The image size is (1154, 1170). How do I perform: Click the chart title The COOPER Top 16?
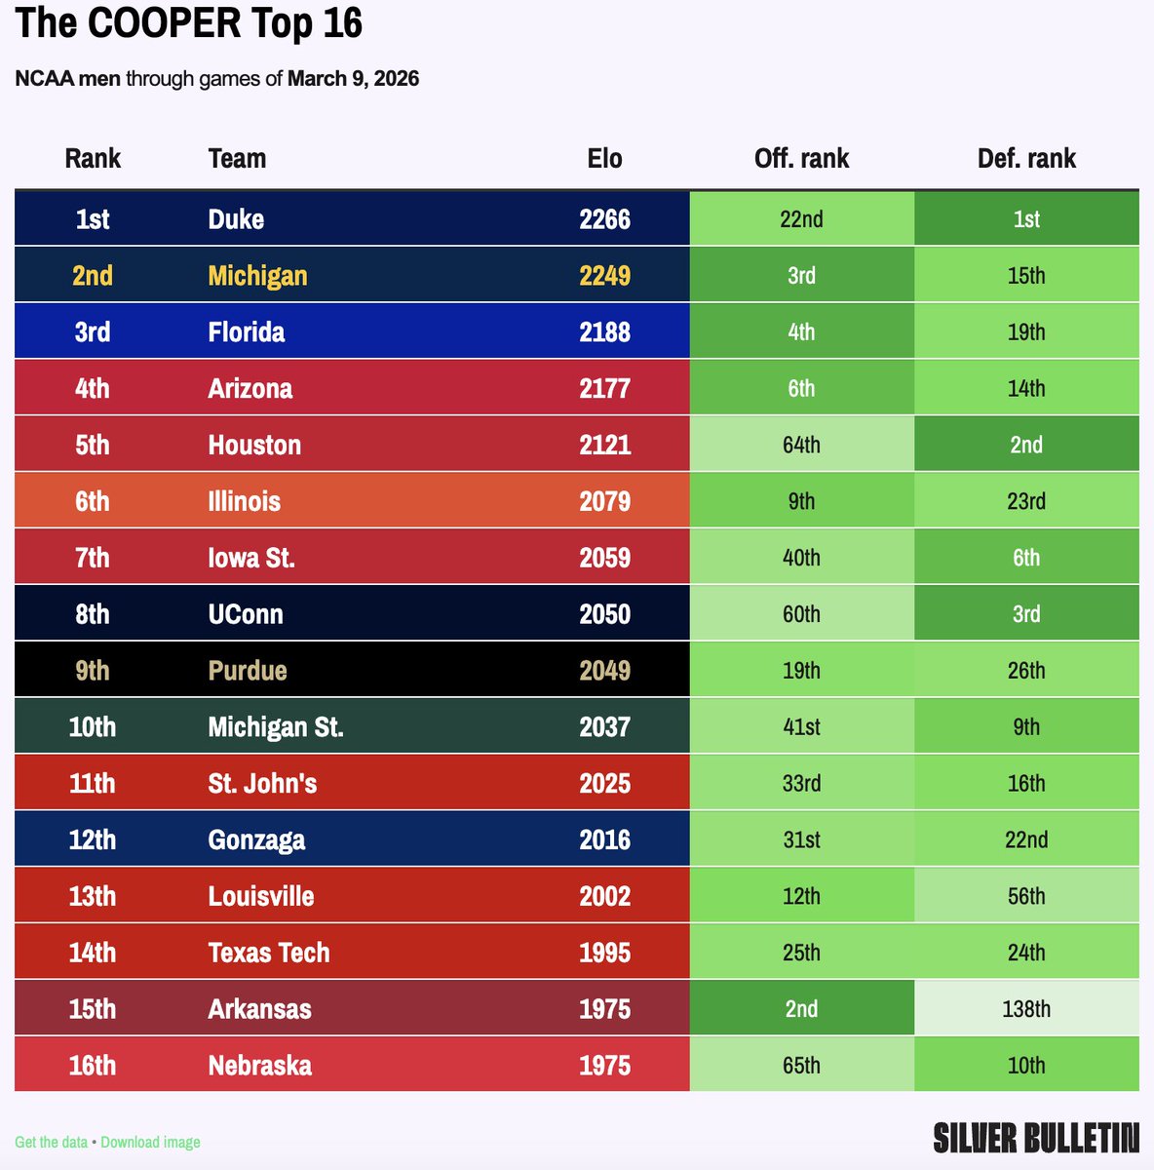click(189, 23)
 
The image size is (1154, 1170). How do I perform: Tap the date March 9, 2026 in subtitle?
click(353, 79)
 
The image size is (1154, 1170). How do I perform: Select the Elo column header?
click(604, 159)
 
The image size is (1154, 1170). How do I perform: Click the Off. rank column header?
click(801, 159)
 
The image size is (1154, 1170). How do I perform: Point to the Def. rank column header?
click(1026, 159)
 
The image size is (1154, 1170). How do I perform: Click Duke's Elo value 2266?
click(604, 219)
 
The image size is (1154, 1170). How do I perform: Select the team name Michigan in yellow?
click(257, 276)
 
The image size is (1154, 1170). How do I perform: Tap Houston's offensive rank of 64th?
click(801, 446)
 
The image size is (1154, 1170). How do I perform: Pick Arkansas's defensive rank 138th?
click(1026, 1009)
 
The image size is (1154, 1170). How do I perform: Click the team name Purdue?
click(248, 671)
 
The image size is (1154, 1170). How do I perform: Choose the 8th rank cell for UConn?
click(93, 614)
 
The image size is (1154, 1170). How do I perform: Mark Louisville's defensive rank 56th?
click(1026, 897)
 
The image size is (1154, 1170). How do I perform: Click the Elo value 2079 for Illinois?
click(604, 502)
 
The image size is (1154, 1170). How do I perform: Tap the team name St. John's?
click(262, 784)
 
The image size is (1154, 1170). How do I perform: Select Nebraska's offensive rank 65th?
click(801, 1066)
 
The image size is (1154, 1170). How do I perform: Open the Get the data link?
click(51, 1142)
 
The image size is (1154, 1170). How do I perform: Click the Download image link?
click(150, 1142)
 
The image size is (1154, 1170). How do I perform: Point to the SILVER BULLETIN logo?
click(1035, 1138)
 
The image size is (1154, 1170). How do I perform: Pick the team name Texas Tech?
click(269, 954)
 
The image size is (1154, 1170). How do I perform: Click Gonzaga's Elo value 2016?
click(604, 840)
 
